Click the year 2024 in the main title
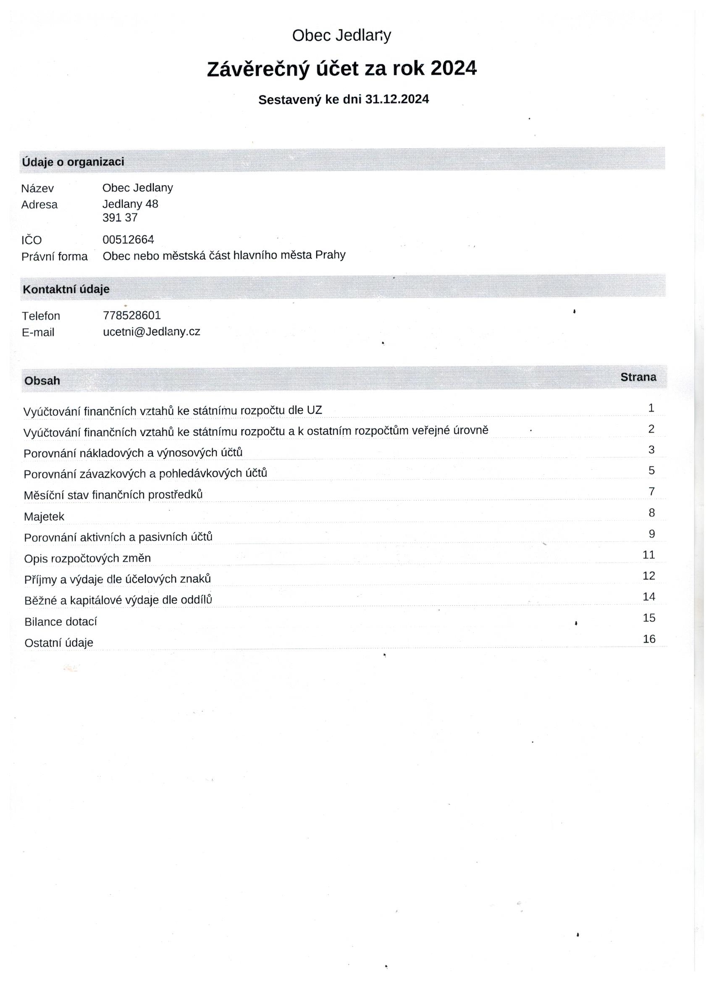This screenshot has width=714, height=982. click(x=453, y=68)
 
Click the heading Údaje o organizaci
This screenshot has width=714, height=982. click(x=73, y=162)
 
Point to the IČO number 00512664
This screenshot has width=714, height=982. click(x=128, y=239)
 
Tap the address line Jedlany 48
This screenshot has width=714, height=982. click(x=130, y=204)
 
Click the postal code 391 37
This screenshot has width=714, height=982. click(x=120, y=217)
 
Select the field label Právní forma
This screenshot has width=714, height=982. click(x=55, y=256)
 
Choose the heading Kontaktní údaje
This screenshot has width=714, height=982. click(x=66, y=289)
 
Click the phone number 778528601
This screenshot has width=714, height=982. click(x=131, y=315)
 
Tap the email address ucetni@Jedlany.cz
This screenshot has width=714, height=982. click(x=151, y=332)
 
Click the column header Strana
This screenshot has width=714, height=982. click(x=638, y=377)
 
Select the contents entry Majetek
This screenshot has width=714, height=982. click(x=44, y=517)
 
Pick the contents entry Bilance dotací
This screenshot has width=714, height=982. click(x=60, y=622)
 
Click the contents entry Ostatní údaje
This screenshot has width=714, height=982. click(x=59, y=643)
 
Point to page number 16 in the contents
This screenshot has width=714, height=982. click(x=648, y=639)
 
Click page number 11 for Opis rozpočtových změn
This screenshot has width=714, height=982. click(x=648, y=555)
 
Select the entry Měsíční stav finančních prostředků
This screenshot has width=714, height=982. click(x=113, y=495)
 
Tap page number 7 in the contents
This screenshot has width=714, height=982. click(x=651, y=491)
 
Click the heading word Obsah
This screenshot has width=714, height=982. click(x=42, y=381)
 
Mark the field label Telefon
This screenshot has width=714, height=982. click(x=41, y=316)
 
